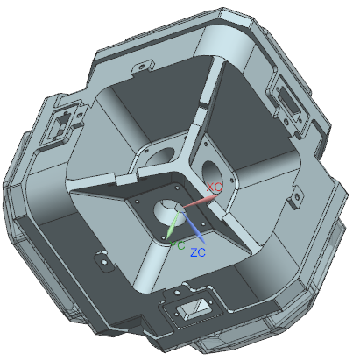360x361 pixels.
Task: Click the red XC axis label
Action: [x=215, y=187]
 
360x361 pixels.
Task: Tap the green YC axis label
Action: [x=177, y=246]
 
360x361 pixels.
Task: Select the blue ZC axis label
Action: [x=198, y=252]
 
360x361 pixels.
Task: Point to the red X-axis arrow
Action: [x=201, y=201]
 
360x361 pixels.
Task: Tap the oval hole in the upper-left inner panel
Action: [x=160, y=157]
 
